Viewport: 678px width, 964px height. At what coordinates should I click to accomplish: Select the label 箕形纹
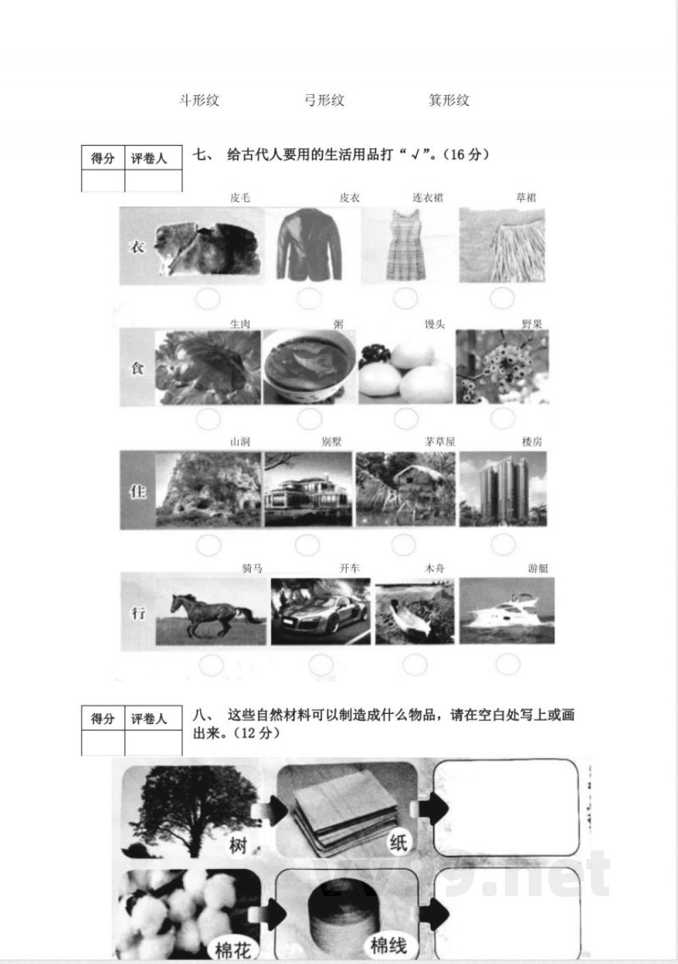[x=449, y=100]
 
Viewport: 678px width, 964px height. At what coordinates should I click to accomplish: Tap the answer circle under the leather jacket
[x=309, y=298]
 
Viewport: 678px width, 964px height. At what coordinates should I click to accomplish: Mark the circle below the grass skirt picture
[x=503, y=298]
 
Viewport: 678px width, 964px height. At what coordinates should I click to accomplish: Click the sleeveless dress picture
[x=405, y=245]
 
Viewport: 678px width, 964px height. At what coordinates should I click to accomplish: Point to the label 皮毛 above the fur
[x=240, y=198]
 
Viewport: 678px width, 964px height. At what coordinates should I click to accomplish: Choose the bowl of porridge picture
[x=308, y=366]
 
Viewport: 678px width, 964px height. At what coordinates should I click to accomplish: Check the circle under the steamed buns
[x=405, y=418]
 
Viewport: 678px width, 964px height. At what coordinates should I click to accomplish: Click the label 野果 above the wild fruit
[x=531, y=323]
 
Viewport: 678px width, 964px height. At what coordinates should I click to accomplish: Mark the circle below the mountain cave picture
[x=208, y=544]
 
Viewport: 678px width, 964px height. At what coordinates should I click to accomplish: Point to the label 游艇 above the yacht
[x=538, y=568]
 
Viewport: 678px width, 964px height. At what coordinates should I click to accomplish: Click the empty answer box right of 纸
[x=506, y=806]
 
